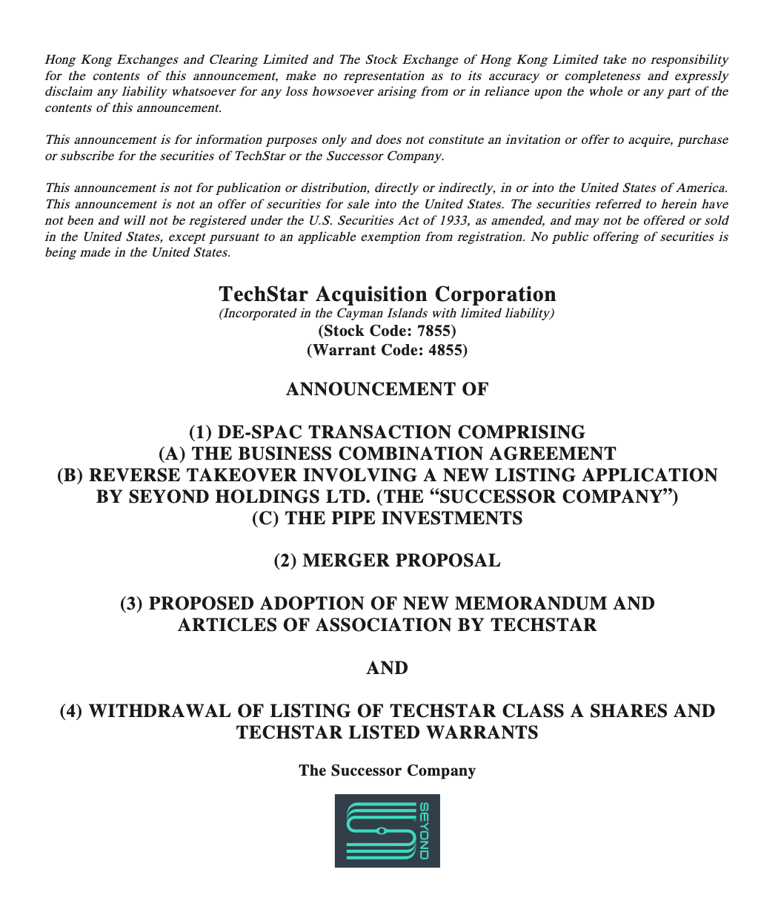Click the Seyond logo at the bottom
click(387, 831)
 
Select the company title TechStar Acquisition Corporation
click(387, 294)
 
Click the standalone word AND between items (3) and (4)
click(387, 668)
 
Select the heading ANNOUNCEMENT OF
click(387, 389)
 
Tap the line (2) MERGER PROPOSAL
click(387, 561)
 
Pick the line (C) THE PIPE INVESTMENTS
click(387, 518)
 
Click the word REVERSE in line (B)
click(131, 475)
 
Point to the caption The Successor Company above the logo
click(387, 770)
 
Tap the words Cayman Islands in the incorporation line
click(376, 313)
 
